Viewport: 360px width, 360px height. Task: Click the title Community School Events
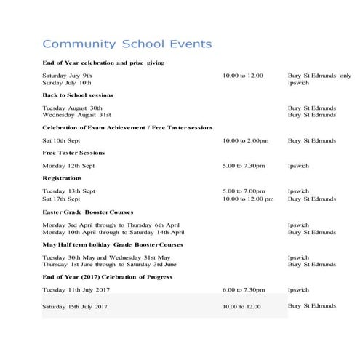(127, 44)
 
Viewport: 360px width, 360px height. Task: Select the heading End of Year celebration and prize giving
(103, 63)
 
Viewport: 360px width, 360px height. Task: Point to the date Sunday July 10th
(67, 83)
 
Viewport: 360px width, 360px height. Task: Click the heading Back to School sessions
(77, 95)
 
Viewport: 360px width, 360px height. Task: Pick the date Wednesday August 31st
(76, 115)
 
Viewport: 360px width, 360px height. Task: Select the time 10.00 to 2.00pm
(244, 140)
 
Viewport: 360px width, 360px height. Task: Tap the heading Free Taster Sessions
(73, 153)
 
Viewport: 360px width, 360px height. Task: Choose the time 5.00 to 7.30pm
(244, 166)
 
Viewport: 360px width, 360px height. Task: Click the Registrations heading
(62, 178)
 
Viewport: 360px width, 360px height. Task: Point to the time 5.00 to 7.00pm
(244, 191)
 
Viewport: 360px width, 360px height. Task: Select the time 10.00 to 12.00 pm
(248, 199)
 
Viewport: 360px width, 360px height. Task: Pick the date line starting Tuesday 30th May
(107, 257)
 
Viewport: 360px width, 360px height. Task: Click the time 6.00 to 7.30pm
(244, 289)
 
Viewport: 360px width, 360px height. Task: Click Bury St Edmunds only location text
(319, 76)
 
